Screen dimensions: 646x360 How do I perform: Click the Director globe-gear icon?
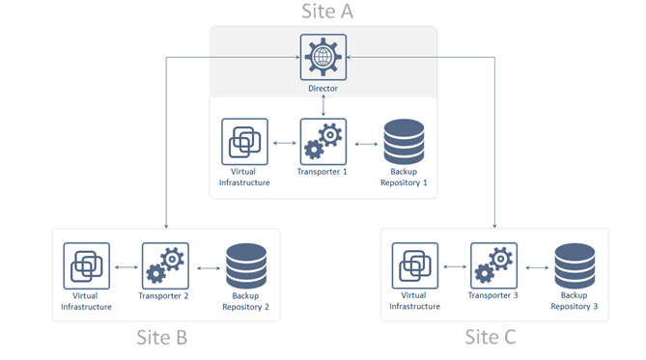(323, 57)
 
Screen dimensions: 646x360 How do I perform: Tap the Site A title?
(327, 12)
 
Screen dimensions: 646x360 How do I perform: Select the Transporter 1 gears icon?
(323, 142)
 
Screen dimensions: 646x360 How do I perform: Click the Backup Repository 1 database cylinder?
(404, 141)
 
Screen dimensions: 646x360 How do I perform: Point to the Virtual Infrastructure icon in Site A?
(244, 142)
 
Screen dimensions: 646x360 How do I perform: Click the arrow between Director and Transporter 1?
(323, 105)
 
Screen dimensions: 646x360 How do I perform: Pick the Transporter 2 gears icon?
(165, 265)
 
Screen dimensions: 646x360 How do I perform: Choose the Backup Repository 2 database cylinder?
(246, 265)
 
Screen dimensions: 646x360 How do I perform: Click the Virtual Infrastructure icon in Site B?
(87, 265)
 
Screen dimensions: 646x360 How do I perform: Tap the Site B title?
(162, 338)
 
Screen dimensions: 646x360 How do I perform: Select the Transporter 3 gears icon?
(493, 265)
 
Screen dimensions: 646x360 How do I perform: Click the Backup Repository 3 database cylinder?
(575, 265)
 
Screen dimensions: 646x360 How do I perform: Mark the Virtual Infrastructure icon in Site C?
(415, 265)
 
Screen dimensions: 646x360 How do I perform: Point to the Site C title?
(491, 337)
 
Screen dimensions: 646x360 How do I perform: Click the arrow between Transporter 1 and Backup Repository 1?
(366, 144)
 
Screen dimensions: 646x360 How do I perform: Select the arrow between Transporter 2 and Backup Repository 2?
(209, 268)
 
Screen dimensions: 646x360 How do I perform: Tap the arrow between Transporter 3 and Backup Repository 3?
(537, 267)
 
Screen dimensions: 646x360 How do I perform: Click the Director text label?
(323, 88)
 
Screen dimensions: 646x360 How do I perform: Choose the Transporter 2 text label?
(163, 295)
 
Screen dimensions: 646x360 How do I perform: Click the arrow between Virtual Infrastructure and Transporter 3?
(455, 267)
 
